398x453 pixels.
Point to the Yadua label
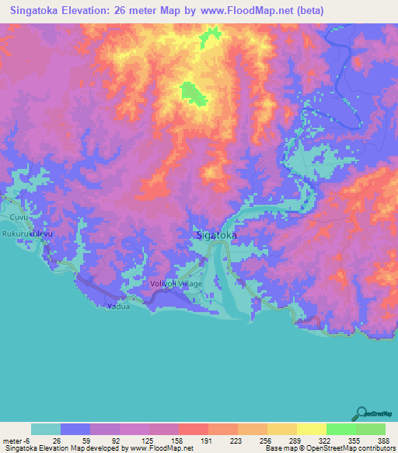coord(117,307)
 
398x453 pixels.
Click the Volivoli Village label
coord(176,283)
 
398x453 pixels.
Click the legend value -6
coord(28,440)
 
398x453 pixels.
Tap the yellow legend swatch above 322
coord(311,429)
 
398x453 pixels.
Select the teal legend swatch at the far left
coord(46,429)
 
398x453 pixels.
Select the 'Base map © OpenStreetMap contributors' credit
coord(330,448)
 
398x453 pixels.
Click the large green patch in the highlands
coord(192,93)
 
